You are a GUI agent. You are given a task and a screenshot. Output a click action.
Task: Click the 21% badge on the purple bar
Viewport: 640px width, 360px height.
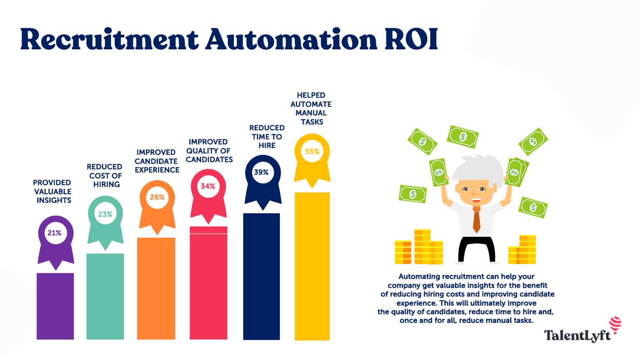point(54,233)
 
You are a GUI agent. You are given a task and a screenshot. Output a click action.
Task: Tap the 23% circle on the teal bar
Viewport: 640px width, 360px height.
point(105,213)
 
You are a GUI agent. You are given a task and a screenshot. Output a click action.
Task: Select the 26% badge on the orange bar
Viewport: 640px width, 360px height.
point(157,198)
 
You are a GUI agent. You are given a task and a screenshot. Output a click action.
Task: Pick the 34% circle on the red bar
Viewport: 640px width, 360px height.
point(208,186)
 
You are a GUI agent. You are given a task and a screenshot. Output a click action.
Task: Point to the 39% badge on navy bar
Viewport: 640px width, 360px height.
point(261,172)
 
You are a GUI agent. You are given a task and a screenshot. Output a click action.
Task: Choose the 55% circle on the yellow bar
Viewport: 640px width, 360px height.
point(312,151)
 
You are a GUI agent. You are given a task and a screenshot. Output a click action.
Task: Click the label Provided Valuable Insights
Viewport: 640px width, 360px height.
point(52,191)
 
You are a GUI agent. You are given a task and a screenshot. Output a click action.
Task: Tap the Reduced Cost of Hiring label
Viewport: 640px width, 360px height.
point(105,175)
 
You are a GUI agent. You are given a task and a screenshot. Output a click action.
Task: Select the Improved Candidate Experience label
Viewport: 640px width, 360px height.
point(157,161)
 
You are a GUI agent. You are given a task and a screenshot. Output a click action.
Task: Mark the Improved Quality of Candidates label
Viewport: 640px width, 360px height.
point(209,151)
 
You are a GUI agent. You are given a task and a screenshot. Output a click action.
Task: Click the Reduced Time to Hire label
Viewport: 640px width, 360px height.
point(267,137)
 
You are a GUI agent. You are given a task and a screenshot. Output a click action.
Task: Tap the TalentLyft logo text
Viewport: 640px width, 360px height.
point(577,336)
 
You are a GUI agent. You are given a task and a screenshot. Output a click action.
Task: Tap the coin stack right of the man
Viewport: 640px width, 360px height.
point(522,250)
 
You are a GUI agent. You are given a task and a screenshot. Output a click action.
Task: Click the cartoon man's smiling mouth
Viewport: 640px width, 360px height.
point(476,199)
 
